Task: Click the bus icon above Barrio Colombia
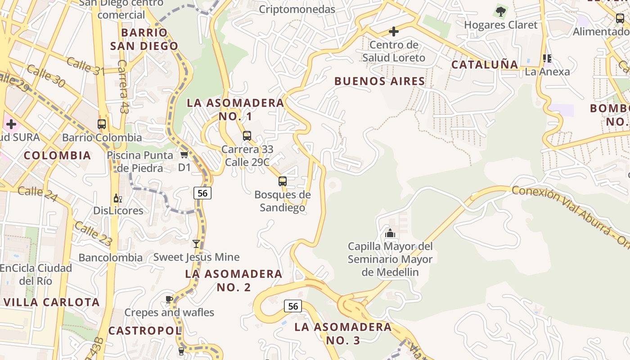102,124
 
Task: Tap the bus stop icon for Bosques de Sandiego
283,181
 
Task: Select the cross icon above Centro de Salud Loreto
394,31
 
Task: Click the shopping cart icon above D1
184,155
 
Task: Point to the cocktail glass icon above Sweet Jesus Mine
196,244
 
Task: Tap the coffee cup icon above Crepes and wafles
169,299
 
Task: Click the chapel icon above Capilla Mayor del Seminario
390,233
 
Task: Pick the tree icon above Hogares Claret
500,12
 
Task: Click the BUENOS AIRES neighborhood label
379,81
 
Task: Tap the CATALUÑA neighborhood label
485,65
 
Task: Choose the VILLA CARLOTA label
52,302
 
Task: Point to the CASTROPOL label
144,331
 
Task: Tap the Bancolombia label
110,258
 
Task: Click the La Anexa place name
547,72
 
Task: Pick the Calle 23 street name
93,234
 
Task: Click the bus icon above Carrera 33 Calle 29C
247,135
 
